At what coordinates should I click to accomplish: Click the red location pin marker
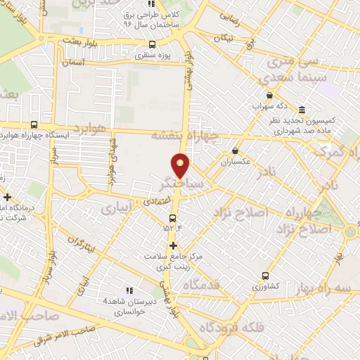182,165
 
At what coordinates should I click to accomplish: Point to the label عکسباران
236,162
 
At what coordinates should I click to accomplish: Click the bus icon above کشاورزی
265,276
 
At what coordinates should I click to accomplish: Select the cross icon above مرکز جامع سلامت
173,245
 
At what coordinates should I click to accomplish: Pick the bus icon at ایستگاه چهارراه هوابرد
34,125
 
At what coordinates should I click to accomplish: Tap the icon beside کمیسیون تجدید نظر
302,110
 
